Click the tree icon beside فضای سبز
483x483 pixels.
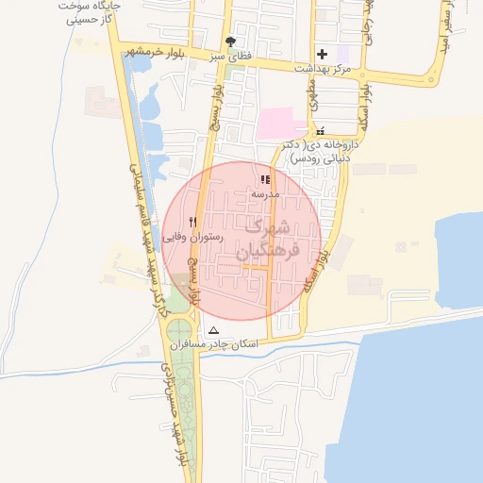tap(231, 42)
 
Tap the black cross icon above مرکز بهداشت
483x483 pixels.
tap(324, 54)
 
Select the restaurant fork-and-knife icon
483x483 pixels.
tap(193, 222)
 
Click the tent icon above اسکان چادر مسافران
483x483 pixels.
tap(213, 330)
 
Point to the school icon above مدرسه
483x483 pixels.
tap(265, 178)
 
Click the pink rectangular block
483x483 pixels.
tap(282, 124)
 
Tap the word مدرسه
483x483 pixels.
tap(265, 192)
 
